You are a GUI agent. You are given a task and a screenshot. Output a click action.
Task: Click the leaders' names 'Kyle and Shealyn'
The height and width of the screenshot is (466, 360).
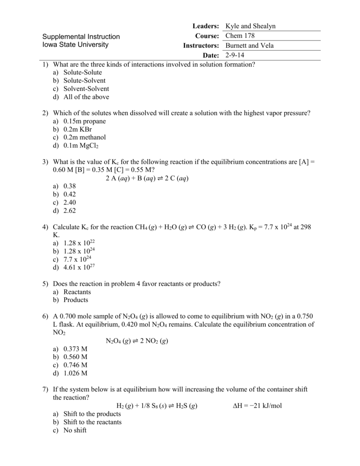coord(250,26)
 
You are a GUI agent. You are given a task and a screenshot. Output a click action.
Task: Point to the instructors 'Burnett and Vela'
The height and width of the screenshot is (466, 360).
coord(248,46)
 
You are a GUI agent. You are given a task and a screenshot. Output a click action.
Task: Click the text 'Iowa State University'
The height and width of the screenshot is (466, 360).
coord(76,45)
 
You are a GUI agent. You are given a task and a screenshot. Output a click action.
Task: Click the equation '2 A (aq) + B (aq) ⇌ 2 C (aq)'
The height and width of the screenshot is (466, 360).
coord(147,178)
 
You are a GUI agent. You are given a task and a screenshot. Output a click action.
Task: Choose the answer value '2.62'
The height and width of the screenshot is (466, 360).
coord(70,211)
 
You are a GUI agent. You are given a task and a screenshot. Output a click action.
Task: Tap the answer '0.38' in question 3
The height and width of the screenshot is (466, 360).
coord(70,186)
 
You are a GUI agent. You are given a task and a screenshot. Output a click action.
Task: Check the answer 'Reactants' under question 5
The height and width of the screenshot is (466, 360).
coord(77,292)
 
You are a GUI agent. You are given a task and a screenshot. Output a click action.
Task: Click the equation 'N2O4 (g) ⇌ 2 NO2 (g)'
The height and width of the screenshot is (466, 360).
coord(137,341)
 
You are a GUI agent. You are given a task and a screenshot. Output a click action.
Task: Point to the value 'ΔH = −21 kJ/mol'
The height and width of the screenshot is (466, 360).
coord(257,405)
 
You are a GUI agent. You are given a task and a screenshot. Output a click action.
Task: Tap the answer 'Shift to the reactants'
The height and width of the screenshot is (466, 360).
coord(92,422)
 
